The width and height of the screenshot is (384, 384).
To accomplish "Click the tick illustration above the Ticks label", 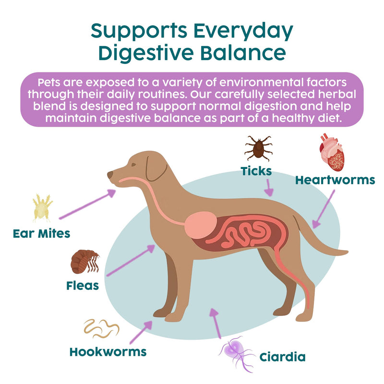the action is tap(259, 148).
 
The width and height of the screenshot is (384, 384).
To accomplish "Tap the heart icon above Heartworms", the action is tap(332, 152).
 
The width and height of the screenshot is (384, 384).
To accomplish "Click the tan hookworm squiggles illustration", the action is tap(101, 329).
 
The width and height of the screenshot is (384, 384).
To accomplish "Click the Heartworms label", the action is tap(335, 180).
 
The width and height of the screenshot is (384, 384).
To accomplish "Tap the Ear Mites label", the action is tap(42, 233).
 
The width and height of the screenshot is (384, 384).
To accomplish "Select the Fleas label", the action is tap(83, 286).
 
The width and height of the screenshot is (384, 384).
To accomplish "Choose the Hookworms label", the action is tap(108, 352).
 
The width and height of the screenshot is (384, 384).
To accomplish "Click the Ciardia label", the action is tap(282, 357).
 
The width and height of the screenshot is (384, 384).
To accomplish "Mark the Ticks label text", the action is tap(256, 171).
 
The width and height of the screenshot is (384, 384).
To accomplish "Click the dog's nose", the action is tap(110, 174).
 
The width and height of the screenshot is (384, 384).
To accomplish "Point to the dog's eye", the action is tap(133, 165).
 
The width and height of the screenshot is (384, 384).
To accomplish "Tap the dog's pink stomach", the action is tap(201, 225).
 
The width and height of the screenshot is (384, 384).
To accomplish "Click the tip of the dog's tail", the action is tap(347, 252).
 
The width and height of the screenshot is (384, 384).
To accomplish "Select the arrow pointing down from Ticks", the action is tap(269, 188).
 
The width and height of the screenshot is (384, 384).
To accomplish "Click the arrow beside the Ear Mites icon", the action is tap(87, 204).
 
